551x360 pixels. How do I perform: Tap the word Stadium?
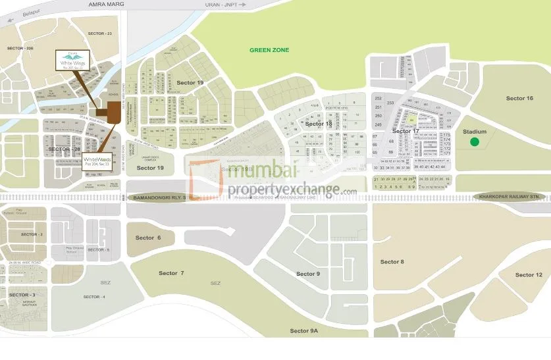[475, 132]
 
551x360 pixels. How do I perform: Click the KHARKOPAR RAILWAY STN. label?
[510, 196]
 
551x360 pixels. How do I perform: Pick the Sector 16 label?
[519, 98]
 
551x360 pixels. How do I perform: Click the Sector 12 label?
[529, 274]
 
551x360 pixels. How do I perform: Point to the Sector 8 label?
[392, 262]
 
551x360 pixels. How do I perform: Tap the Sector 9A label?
[304, 331]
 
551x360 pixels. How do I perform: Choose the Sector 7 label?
[171, 272]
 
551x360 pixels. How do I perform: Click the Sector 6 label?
[147, 238]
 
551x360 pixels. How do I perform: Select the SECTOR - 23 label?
[100, 33]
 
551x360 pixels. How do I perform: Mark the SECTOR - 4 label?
[94, 297]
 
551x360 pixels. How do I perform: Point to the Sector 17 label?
[406, 131]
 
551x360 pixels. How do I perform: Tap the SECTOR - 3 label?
[22, 295]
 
